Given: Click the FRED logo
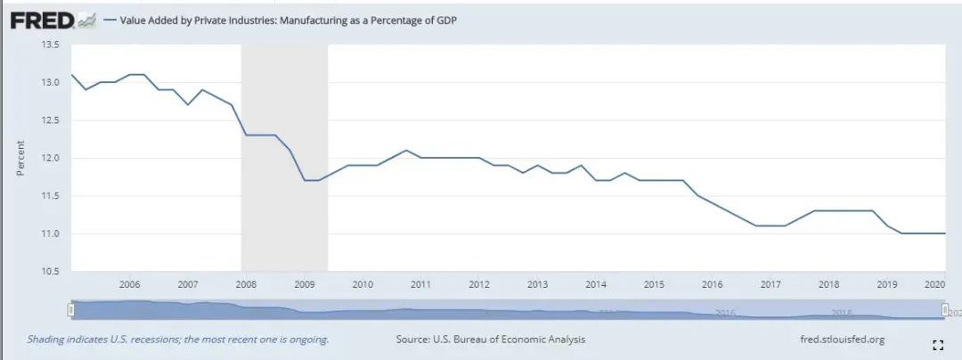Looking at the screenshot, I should click(x=43, y=19).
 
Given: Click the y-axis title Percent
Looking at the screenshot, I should click(x=20, y=158).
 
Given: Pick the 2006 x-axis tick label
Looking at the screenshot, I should click(x=129, y=284).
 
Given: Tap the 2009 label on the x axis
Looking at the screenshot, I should click(x=304, y=284).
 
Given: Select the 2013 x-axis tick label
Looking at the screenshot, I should click(x=537, y=284).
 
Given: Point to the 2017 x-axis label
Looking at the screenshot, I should click(x=770, y=284).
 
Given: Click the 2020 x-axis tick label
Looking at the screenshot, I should click(x=934, y=284).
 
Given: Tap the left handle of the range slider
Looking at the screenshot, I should click(x=71, y=309).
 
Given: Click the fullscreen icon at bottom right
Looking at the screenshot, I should click(x=937, y=345).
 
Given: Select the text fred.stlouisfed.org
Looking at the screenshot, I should click(x=843, y=340).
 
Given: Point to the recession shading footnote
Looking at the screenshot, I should click(x=177, y=340).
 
